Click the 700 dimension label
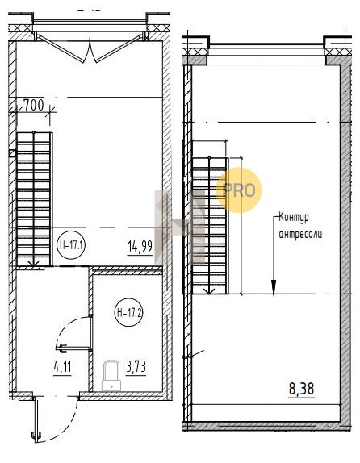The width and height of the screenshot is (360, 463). click(33, 105)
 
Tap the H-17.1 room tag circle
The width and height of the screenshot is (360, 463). click(71, 245)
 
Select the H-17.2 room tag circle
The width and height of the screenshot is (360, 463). click(128, 312)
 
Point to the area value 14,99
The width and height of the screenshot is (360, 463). click(140, 247)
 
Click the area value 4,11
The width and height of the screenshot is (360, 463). click(62, 368)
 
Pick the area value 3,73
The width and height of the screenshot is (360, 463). click(136, 368)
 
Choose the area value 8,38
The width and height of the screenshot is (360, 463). click(301, 389)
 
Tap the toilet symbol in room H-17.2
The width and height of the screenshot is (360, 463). click(111, 375)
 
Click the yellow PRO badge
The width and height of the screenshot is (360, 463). click(239, 190)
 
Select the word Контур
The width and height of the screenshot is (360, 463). click(294, 218)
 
